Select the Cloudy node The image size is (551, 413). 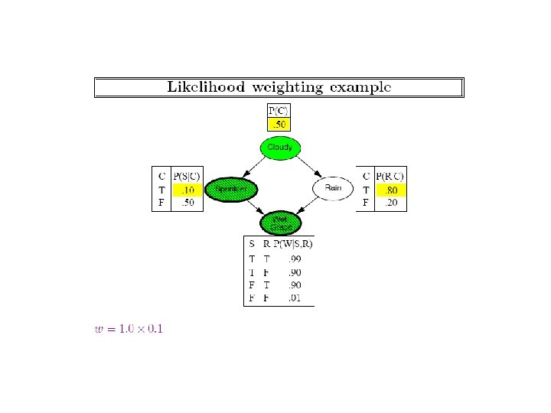280,147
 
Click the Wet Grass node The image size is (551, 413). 280,223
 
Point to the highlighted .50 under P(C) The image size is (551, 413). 279,123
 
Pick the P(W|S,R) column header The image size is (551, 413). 293,244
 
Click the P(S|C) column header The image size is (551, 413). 187,175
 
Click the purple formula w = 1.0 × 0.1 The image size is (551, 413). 127,329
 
